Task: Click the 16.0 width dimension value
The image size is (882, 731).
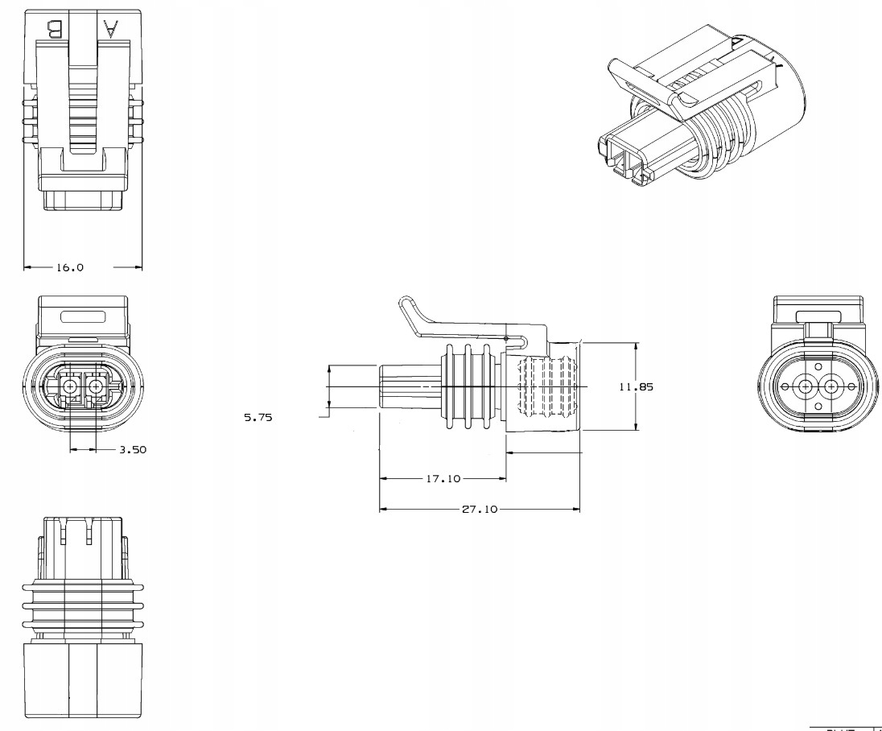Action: pos(69,267)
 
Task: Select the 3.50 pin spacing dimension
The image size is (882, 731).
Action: pos(132,450)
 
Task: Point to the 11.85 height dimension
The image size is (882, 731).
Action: pos(636,386)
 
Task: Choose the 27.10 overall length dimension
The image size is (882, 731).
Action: pos(480,510)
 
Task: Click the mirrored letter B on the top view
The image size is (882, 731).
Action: pos(55,31)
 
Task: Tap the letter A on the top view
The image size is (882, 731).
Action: pos(111,31)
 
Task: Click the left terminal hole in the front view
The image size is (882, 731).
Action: pos(71,386)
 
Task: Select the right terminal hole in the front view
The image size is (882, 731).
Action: pos(96,386)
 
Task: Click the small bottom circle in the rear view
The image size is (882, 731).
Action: pos(818,406)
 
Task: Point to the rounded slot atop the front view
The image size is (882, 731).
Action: pos(82,316)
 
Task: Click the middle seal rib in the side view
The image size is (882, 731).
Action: pos(468,386)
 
